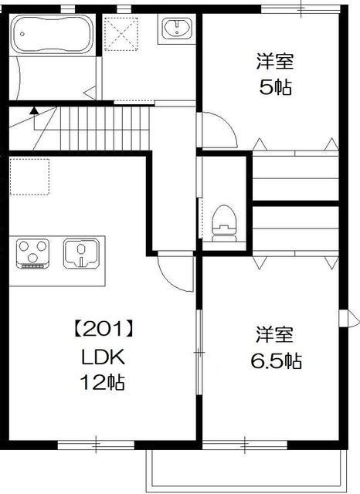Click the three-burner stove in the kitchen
click(x=32, y=254)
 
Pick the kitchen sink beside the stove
click(x=80, y=254)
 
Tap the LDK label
click(x=104, y=356)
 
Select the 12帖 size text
click(x=104, y=381)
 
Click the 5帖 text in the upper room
click(x=276, y=86)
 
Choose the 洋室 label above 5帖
click(x=276, y=61)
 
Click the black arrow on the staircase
click(x=33, y=113)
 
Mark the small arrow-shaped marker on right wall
click(x=347, y=318)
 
